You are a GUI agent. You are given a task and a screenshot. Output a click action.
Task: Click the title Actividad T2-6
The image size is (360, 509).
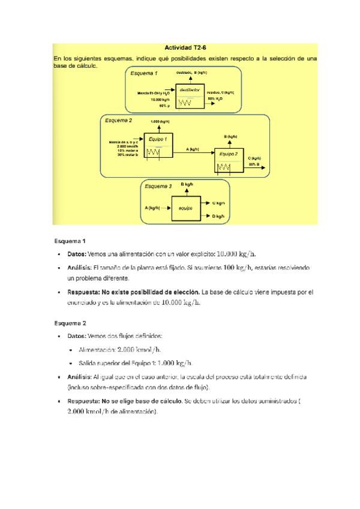(185, 47)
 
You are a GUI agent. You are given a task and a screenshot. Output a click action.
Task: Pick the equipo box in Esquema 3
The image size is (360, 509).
(186, 208)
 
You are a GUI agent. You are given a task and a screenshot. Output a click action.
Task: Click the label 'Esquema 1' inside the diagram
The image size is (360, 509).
(144, 73)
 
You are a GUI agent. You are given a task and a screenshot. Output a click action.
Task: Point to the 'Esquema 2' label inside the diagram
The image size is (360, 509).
(118, 121)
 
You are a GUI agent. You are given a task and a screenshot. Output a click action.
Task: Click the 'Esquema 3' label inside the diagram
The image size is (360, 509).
(158, 186)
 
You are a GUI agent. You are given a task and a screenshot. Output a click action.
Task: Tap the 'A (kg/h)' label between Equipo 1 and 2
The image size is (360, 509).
(193, 149)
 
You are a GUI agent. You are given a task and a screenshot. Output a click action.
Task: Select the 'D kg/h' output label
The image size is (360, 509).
(218, 216)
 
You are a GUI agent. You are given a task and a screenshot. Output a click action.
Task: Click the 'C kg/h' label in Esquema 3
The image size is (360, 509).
(218, 202)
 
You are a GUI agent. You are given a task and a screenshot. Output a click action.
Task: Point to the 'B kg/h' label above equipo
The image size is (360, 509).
(187, 184)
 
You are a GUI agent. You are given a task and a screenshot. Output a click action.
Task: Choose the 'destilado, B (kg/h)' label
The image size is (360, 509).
(191, 72)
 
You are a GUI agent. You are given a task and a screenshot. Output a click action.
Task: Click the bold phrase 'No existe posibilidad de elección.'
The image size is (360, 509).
(151, 292)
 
